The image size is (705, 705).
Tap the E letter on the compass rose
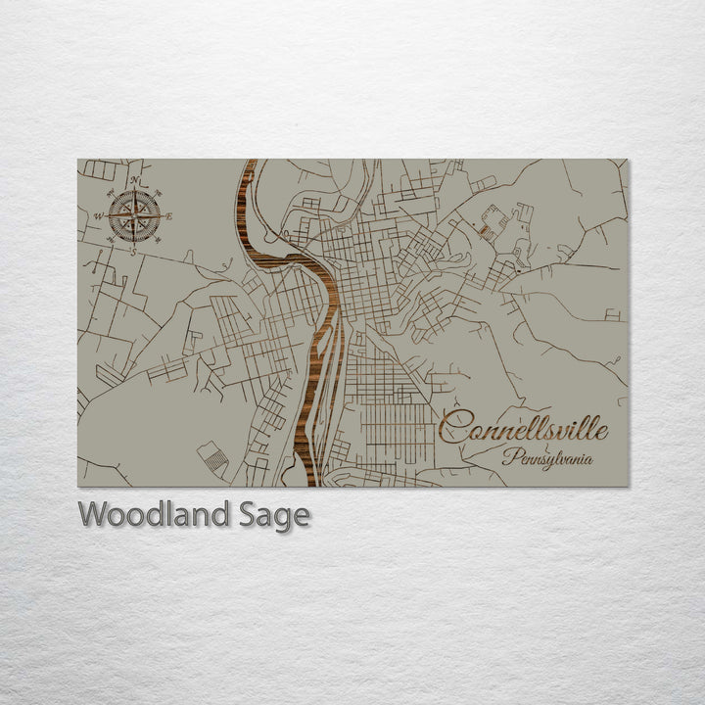[168, 216]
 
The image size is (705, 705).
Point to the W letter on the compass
[99, 217]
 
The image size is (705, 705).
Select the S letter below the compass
[134, 251]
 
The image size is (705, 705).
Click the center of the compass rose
[134, 216]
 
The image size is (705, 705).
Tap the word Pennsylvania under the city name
[554, 457]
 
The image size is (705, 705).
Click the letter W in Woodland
[93, 514]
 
